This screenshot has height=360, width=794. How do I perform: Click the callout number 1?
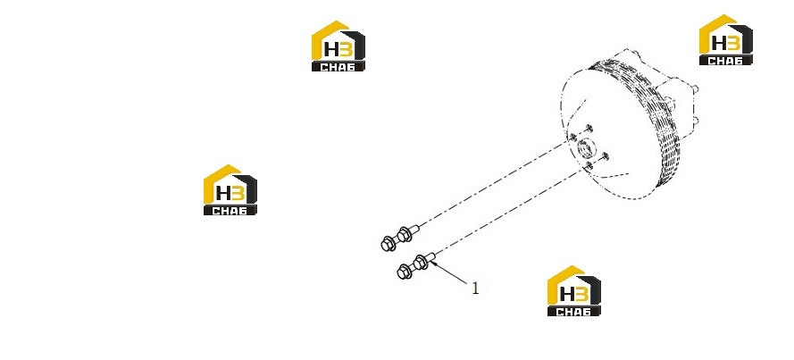(475, 289)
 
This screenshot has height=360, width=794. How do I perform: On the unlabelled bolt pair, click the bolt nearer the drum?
(405, 233)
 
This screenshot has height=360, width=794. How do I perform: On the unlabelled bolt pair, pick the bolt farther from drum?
(388, 244)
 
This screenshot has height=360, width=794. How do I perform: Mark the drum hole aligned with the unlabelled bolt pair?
(573, 138)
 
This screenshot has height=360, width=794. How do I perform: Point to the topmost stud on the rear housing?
(695, 89)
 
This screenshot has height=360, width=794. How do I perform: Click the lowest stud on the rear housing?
(695, 121)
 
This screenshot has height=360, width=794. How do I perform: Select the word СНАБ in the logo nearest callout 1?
(573, 312)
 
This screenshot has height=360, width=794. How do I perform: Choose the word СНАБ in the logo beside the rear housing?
(725, 61)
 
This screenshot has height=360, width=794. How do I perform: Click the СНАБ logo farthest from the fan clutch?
(230, 190)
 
